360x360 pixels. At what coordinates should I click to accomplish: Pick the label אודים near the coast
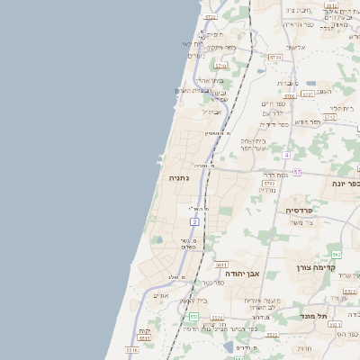pos(161,295)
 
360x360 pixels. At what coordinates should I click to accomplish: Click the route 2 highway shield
pos(194,221)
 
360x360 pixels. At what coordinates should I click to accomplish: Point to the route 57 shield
pos(296,172)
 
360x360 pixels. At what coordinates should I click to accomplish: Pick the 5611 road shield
pos(220,265)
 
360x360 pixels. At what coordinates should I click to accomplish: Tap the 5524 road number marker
pos(217,318)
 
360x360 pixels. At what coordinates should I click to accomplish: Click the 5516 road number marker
pos(131,349)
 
